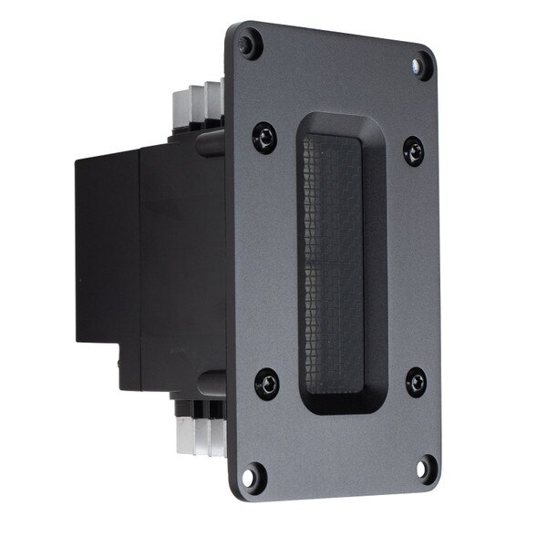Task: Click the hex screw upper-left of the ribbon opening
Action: point(265,138)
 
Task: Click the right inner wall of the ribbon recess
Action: point(372,264)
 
